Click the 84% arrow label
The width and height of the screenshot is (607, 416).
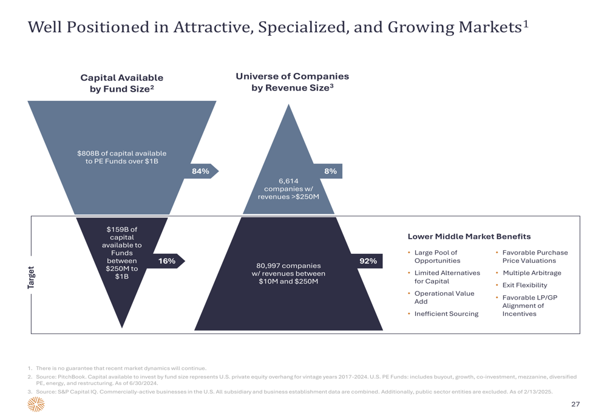200,171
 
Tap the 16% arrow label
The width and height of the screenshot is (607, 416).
167,261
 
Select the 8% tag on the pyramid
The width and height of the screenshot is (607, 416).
330,171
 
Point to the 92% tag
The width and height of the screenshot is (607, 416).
368,261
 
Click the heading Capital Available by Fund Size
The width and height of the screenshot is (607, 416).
122,83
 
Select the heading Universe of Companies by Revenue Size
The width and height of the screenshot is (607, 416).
293,82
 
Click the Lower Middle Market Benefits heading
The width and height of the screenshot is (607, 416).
469,237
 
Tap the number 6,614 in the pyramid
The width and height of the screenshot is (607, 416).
288,181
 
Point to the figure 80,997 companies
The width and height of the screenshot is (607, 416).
288,266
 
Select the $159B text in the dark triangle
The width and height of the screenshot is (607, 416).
116,230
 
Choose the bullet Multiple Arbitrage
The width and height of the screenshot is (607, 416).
532,273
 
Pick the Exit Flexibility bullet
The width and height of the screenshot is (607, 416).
525,285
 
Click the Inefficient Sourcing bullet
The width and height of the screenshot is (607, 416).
446,314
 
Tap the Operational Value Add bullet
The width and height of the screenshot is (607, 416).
444,298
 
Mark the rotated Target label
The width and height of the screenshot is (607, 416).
31,278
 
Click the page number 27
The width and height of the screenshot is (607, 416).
575,404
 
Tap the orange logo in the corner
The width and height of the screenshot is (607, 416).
36,404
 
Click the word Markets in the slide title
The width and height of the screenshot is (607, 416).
490,27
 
